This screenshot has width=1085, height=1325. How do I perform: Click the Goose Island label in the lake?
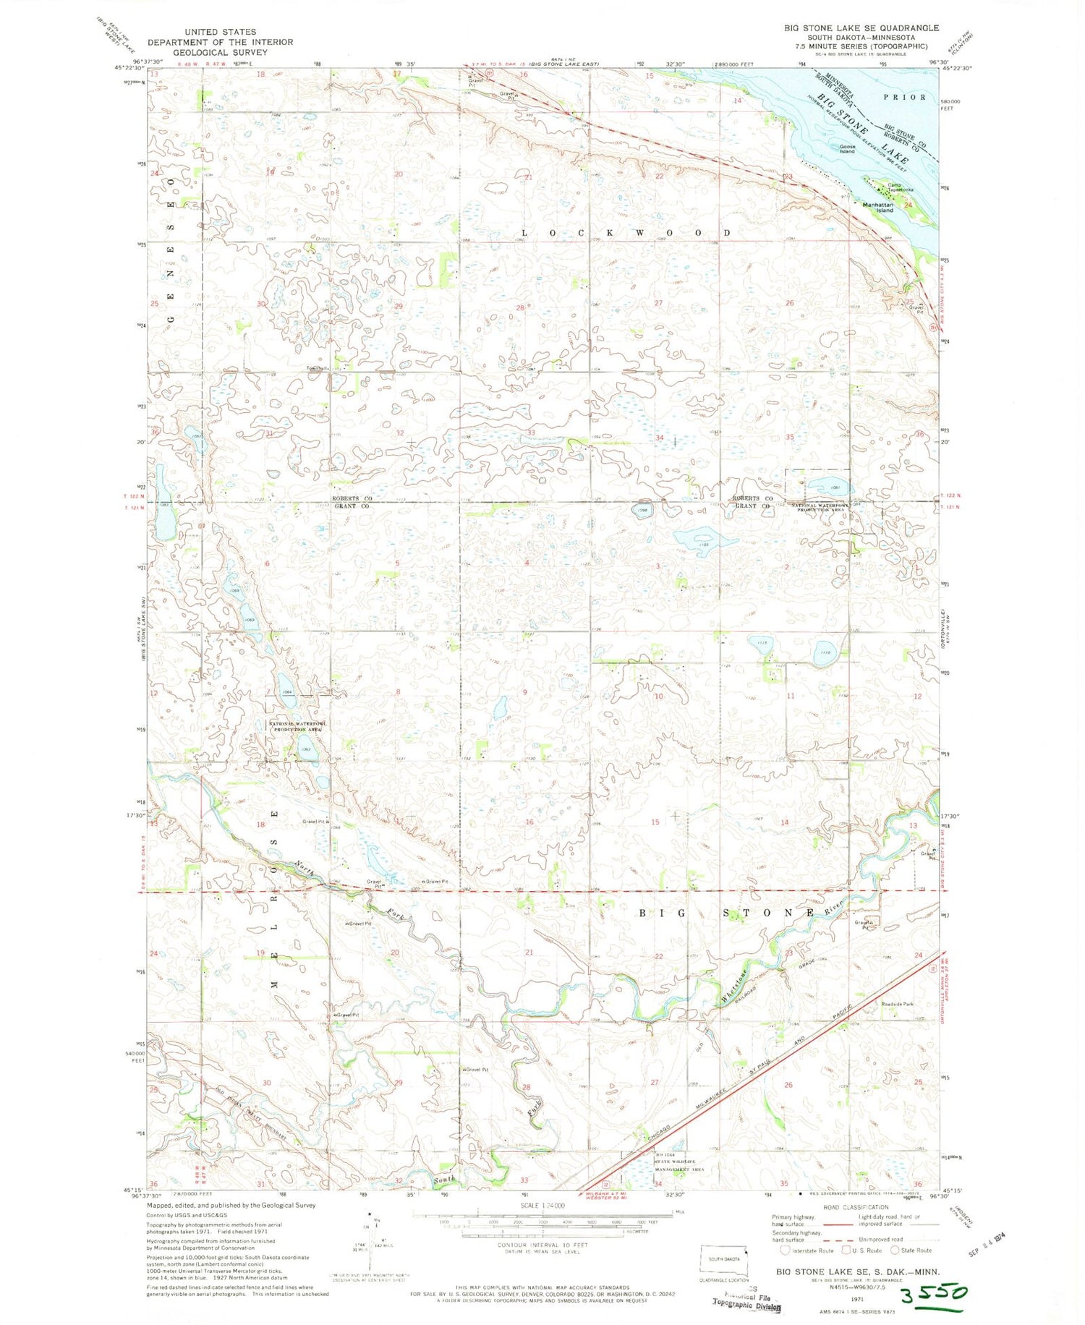tap(847, 149)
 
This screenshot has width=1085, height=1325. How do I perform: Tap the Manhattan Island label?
tap(878, 207)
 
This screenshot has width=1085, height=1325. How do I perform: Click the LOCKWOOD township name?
tap(626, 233)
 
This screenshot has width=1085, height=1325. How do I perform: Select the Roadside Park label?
tap(897, 1004)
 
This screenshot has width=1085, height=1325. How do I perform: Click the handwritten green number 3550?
tap(929, 1293)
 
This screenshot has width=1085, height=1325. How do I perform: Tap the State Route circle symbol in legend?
tap(895, 1250)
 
